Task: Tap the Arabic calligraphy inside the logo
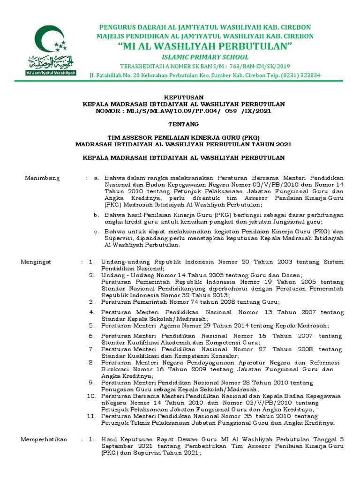(46, 62)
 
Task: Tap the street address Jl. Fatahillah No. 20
(119, 75)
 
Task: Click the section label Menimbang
(39, 178)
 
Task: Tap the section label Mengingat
(36, 262)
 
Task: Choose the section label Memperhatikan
(45, 439)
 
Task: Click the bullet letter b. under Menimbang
(96, 214)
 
